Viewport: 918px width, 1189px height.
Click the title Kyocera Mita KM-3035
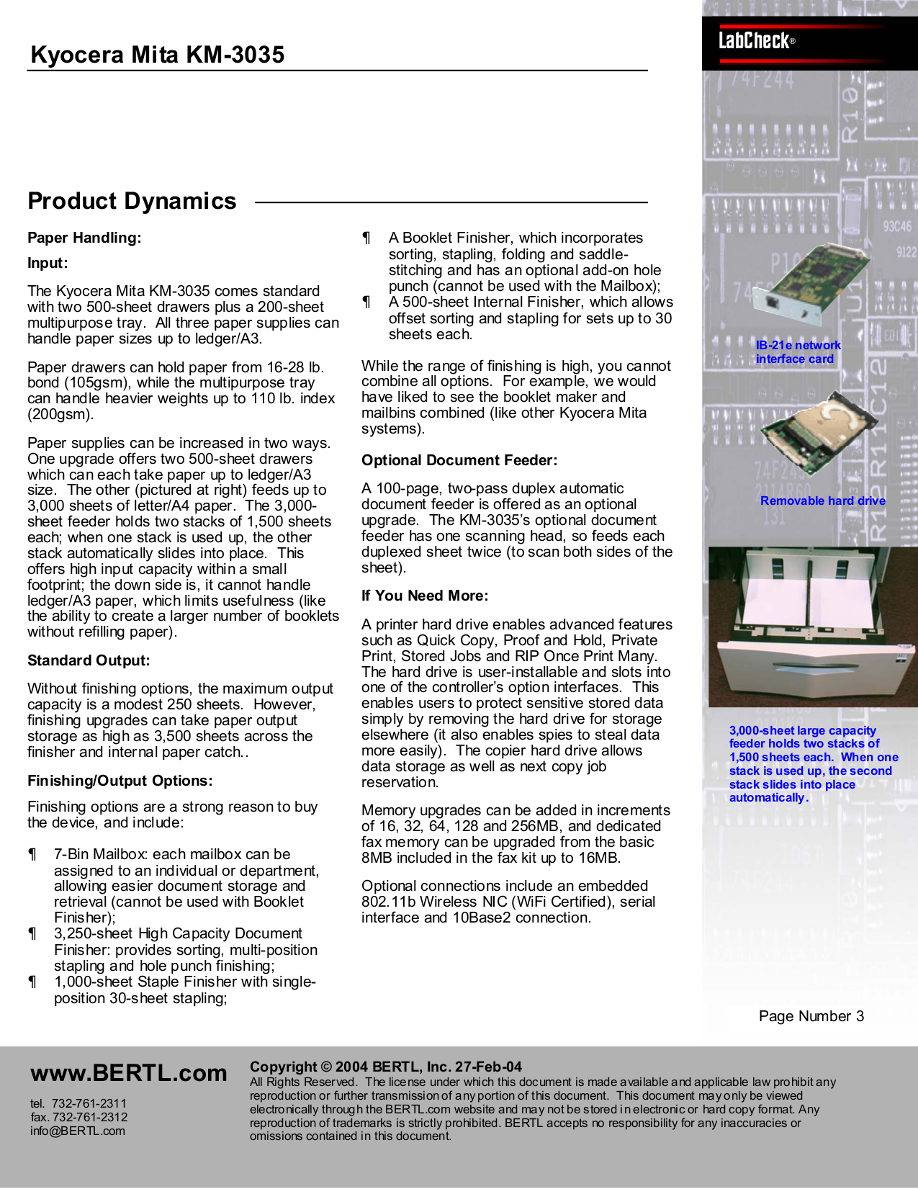(x=157, y=55)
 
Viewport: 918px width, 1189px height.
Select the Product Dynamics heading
(x=132, y=201)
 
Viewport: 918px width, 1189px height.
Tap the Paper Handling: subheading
(x=84, y=238)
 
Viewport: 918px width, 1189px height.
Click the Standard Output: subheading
(x=89, y=660)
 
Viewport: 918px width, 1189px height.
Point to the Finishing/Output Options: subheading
(x=120, y=781)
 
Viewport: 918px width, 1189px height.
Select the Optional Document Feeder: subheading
(x=459, y=460)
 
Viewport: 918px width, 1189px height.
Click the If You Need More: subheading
(x=425, y=596)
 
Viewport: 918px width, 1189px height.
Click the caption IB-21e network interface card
(x=798, y=352)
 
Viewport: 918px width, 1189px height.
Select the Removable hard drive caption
(x=822, y=501)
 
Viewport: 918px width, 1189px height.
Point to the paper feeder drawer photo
(x=812, y=627)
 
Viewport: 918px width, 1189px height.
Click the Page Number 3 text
(x=811, y=1016)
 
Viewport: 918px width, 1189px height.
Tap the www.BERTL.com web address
(x=128, y=1073)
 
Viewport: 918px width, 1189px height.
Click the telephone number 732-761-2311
(x=89, y=1103)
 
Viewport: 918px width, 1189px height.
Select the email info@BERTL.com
(x=77, y=1131)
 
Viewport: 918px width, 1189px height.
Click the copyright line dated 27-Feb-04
(x=385, y=1067)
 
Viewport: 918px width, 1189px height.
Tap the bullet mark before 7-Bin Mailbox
(x=32, y=854)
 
